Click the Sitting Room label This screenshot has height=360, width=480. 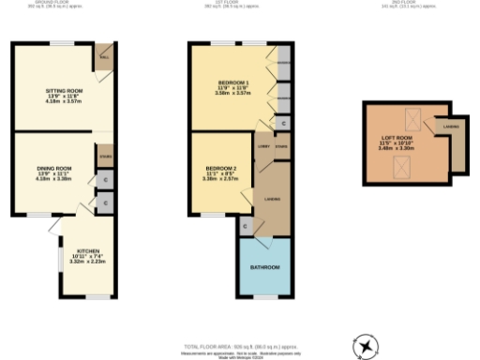(65, 92)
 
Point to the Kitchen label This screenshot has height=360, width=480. (88, 251)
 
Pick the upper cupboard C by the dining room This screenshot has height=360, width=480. (104, 179)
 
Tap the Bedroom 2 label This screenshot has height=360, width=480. (222, 169)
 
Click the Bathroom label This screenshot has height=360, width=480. (264, 268)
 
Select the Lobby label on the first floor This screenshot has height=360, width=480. (263, 146)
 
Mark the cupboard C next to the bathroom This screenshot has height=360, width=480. (246, 226)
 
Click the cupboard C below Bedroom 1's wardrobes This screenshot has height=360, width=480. (282, 123)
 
